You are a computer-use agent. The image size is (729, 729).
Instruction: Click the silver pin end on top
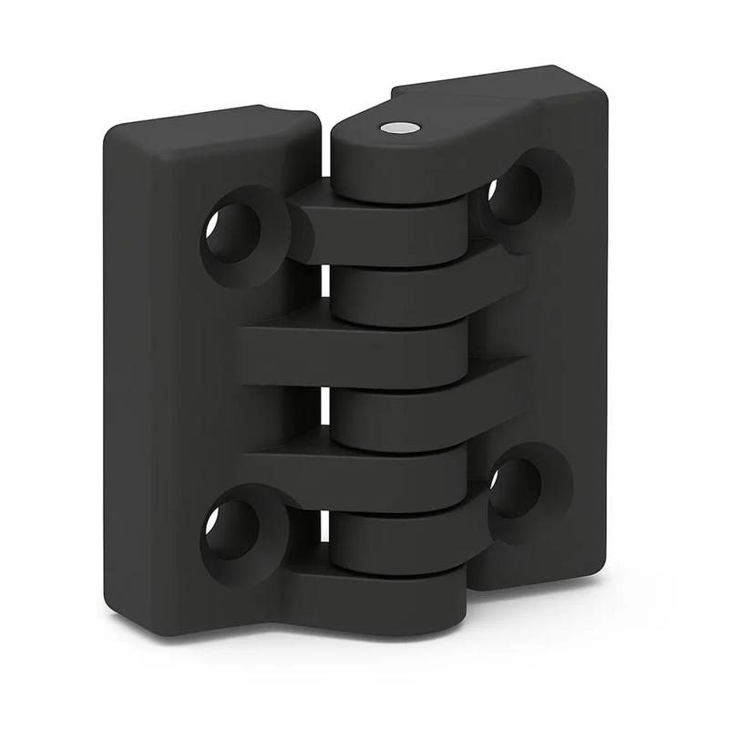pyautogui.click(x=397, y=129)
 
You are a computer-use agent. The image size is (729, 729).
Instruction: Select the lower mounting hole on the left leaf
pyautogui.click(x=228, y=529)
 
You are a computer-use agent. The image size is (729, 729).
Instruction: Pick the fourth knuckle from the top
pyautogui.click(x=364, y=351)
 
